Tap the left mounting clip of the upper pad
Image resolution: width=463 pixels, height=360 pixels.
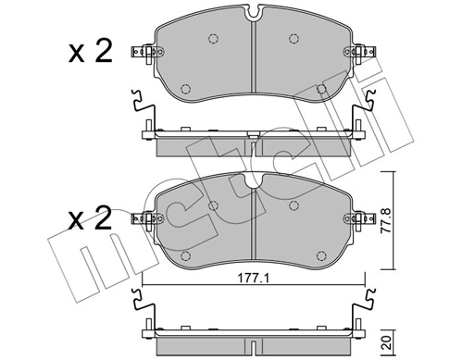coord(142,54)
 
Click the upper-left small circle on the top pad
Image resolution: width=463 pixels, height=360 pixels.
coord(213,39)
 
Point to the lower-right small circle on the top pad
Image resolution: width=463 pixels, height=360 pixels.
coord(321,89)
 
